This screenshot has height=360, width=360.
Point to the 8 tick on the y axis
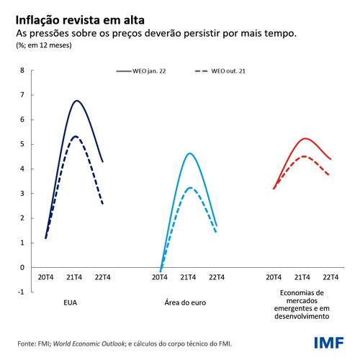click(x=22, y=71)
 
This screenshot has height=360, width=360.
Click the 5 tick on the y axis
click(x=22, y=144)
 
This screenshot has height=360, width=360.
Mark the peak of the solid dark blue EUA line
click(x=76, y=101)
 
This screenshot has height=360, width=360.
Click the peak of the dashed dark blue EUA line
click(x=76, y=136)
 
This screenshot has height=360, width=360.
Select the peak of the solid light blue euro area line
click(x=189, y=153)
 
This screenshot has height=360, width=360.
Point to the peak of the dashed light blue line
click(x=189, y=188)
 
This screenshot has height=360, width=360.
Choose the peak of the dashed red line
click(x=304, y=156)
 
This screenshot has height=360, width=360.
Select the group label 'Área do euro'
click(x=188, y=303)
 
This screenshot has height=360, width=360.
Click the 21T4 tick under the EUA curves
click(x=74, y=277)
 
